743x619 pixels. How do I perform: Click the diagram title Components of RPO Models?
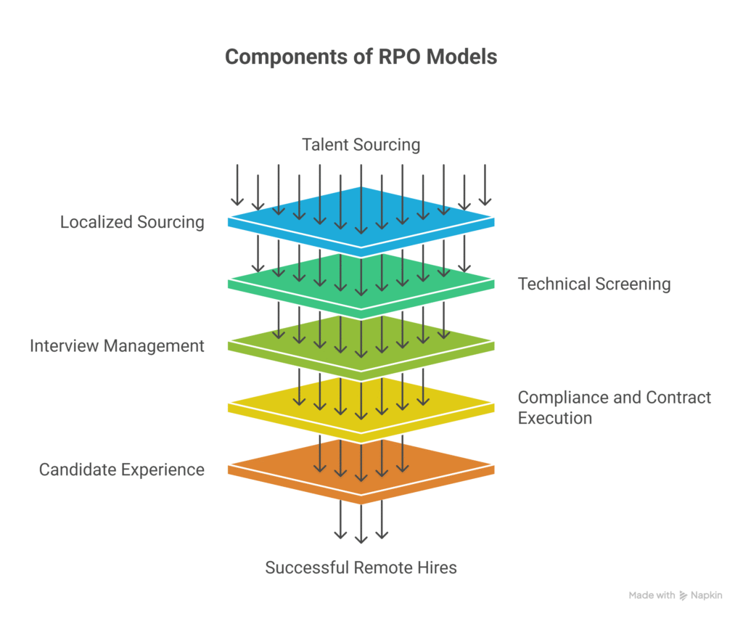(361, 57)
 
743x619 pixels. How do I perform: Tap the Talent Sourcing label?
(361, 144)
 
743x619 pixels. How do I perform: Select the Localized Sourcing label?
(132, 222)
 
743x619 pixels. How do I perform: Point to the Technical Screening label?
(594, 284)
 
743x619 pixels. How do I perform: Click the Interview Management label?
(117, 345)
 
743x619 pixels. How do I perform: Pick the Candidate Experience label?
(122, 470)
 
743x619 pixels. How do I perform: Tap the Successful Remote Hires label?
(361, 567)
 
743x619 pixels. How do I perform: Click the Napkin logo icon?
(684, 596)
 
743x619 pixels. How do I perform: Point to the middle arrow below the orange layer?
(361, 522)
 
